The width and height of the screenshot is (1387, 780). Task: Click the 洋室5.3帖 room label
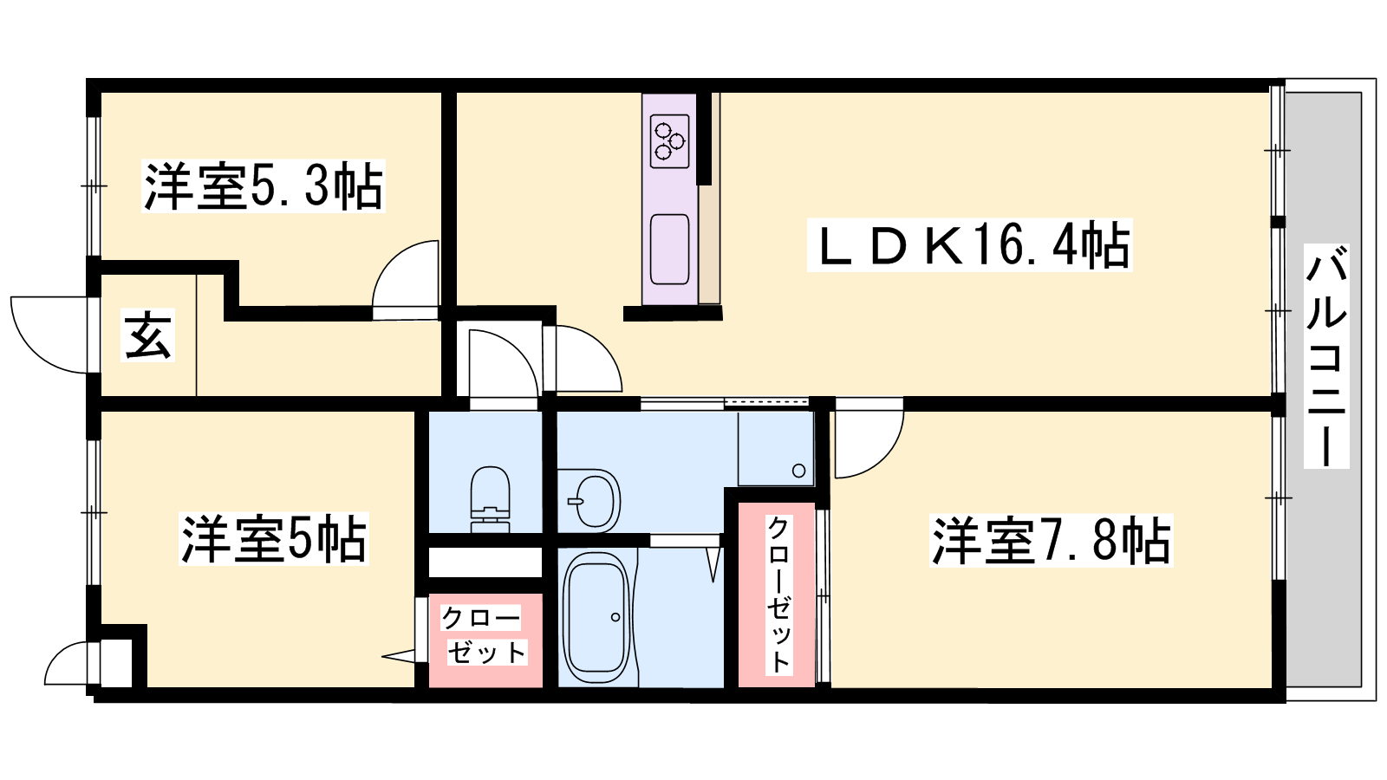tap(264, 185)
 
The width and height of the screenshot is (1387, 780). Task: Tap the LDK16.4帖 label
tap(970, 245)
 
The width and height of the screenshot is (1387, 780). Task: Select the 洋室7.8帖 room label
tap(1051, 541)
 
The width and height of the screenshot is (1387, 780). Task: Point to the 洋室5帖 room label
tap(274, 538)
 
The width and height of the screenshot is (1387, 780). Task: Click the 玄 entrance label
tap(147, 335)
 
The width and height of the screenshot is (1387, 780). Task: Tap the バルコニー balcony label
tap(1326, 356)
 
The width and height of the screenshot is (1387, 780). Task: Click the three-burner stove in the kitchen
tap(669, 141)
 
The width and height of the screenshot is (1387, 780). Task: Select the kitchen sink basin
tap(669, 250)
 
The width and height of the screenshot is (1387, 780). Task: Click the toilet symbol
tap(491, 499)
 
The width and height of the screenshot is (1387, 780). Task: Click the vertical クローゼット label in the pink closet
tap(778, 595)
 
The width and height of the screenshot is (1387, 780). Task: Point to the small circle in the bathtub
tap(615, 617)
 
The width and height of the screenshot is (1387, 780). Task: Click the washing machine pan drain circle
tap(798, 471)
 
